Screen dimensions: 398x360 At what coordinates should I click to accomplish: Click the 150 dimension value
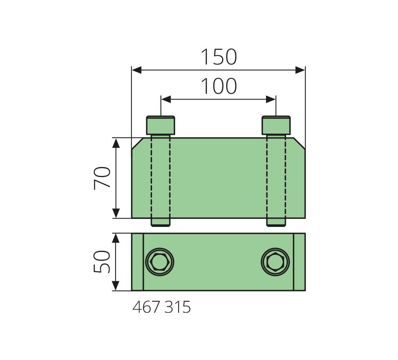click(x=219, y=57)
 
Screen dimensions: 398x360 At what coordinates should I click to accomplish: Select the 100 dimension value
click(x=219, y=86)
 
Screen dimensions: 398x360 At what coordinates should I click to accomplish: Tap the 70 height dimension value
click(x=102, y=178)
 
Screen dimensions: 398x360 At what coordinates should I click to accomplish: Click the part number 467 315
click(x=161, y=307)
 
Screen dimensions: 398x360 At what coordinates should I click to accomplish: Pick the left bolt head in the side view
click(x=160, y=125)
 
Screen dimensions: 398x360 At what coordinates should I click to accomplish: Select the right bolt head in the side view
click(x=276, y=125)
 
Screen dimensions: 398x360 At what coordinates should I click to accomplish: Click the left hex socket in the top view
click(x=159, y=262)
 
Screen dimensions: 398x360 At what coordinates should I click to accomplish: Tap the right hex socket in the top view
click(x=275, y=262)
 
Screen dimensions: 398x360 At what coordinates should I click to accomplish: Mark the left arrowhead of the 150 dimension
click(x=137, y=70)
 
